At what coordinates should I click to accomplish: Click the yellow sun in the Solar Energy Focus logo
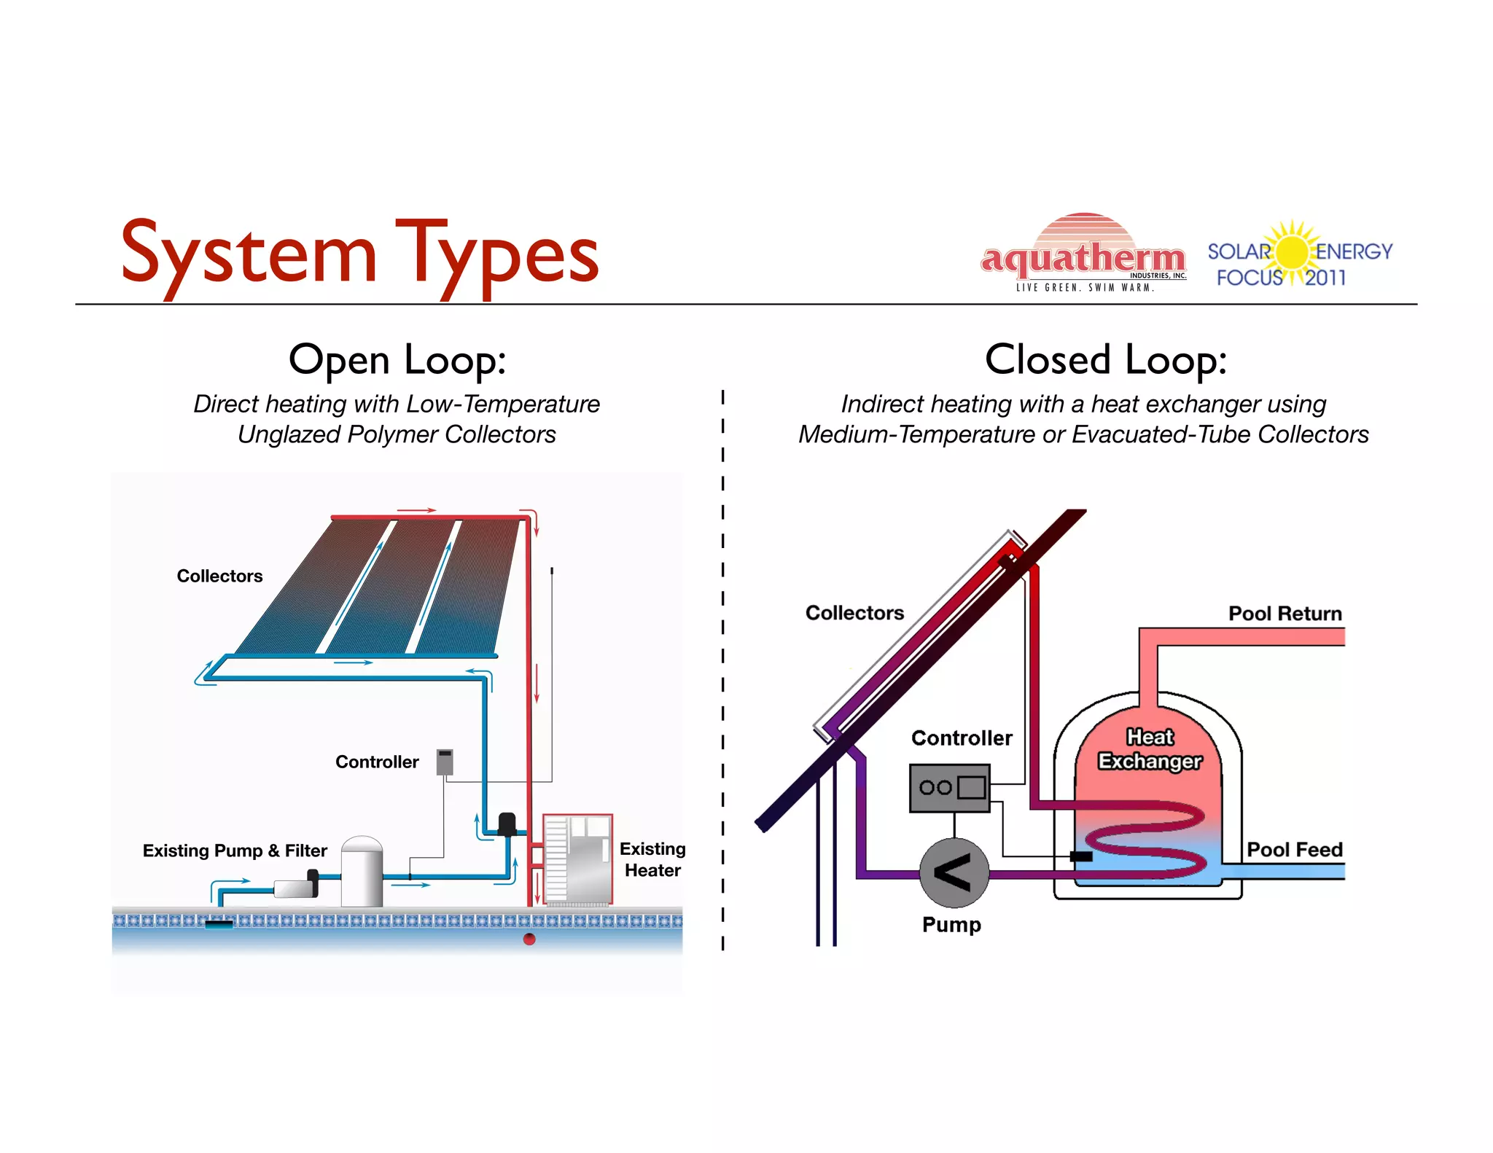pos(1293,253)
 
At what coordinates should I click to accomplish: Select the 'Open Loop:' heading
pos(397,360)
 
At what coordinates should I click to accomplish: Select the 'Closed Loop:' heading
pos(1105,360)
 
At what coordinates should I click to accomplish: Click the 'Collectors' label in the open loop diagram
pos(219,576)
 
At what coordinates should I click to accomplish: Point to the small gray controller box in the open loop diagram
pos(445,762)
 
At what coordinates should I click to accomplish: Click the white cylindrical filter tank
pos(362,872)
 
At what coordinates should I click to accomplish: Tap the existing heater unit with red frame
pos(578,860)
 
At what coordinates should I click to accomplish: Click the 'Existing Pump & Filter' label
pos(235,851)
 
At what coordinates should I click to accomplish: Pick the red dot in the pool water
pos(530,939)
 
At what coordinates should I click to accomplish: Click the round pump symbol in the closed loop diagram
pos(954,872)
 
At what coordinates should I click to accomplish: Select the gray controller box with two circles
pos(949,788)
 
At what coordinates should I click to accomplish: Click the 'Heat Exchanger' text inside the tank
pos(1150,749)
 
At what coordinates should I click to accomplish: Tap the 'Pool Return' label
pos(1285,614)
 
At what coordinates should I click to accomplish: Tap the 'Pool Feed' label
pos(1294,850)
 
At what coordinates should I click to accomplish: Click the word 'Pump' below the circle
pos(951,925)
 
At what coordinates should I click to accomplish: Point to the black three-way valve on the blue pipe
pos(507,824)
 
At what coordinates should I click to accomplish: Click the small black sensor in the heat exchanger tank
pos(1080,856)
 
